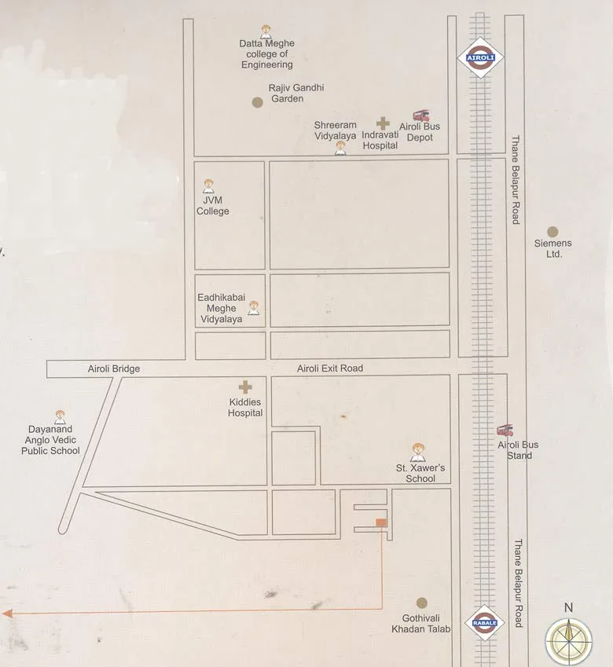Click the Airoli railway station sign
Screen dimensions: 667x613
click(x=479, y=58)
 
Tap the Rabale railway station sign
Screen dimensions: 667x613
click(x=484, y=622)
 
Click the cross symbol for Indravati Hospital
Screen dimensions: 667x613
click(x=383, y=123)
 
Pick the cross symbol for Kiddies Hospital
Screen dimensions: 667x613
click(x=245, y=387)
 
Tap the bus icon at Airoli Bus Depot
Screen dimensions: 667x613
click(x=420, y=115)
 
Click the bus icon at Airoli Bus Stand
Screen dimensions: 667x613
click(x=505, y=431)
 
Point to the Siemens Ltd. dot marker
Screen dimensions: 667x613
click(x=552, y=232)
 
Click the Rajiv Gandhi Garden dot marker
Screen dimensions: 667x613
click(x=257, y=102)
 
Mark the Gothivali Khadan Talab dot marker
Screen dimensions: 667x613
click(x=421, y=603)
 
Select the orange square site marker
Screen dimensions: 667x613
click(x=381, y=522)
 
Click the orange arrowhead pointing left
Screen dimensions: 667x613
click(x=7, y=613)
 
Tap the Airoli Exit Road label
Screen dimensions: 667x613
click(x=330, y=368)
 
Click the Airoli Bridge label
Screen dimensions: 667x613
click(x=114, y=369)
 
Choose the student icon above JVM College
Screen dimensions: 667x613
click(x=208, y=186)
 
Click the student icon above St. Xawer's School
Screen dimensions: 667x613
click(x=418, y=453)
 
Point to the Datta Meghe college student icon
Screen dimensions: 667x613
click(x=266, y=31)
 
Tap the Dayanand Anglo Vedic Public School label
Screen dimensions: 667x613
click(x=51, y=440)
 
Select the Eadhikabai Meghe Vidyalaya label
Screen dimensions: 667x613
click(x=221, y=309)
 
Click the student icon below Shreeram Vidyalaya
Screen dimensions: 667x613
click(x=340, y=148)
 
